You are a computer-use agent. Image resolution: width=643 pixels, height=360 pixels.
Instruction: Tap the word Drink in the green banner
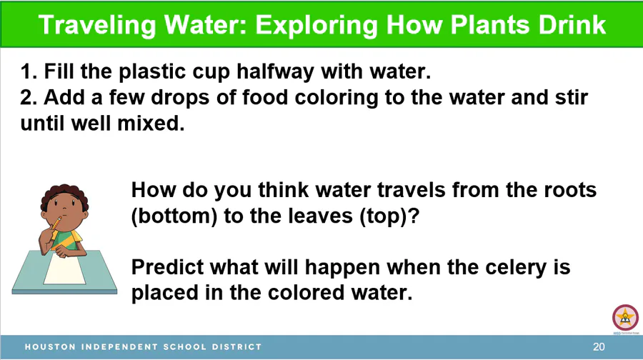tap(572, 24)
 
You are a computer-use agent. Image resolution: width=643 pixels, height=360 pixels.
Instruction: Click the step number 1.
tap(29, 71)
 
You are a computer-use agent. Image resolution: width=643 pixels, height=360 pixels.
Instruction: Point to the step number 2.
tap(29, 98)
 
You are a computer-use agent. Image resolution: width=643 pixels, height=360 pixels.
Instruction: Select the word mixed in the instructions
tap(151, 124)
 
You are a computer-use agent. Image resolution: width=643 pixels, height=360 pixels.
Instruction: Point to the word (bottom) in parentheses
tap(174, 216)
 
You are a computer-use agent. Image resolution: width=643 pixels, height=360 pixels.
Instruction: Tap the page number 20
tap(599, 347)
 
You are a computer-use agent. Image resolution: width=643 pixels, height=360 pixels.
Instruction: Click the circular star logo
tap(625, 318)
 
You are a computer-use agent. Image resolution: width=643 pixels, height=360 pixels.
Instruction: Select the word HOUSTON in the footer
tap(51, 347)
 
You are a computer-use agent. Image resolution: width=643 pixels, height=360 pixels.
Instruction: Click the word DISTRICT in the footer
tap(236, 347)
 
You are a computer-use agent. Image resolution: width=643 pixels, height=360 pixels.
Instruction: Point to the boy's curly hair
tap(64, 195)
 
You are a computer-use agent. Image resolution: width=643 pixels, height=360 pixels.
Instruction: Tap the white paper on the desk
tap(65, 269)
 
